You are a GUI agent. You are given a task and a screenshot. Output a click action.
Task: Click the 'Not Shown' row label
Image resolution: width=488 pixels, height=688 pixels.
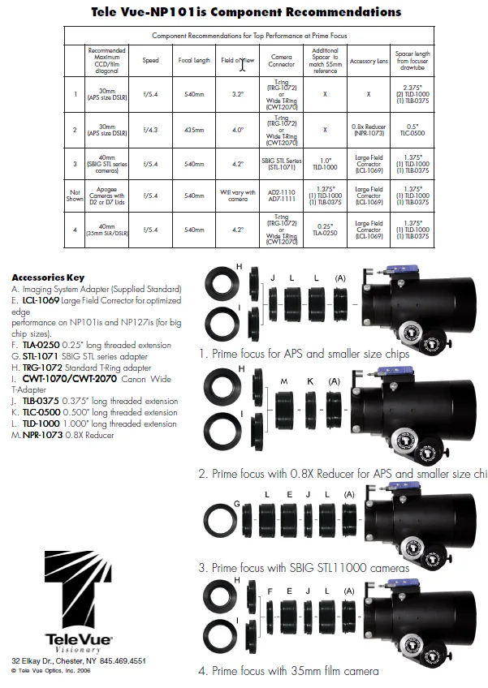[75, 196]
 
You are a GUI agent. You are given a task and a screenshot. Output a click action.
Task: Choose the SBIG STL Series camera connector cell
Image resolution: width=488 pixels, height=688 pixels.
[281, 163]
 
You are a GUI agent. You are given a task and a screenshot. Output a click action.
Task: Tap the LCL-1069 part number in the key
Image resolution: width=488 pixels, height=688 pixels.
[40, 299]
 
